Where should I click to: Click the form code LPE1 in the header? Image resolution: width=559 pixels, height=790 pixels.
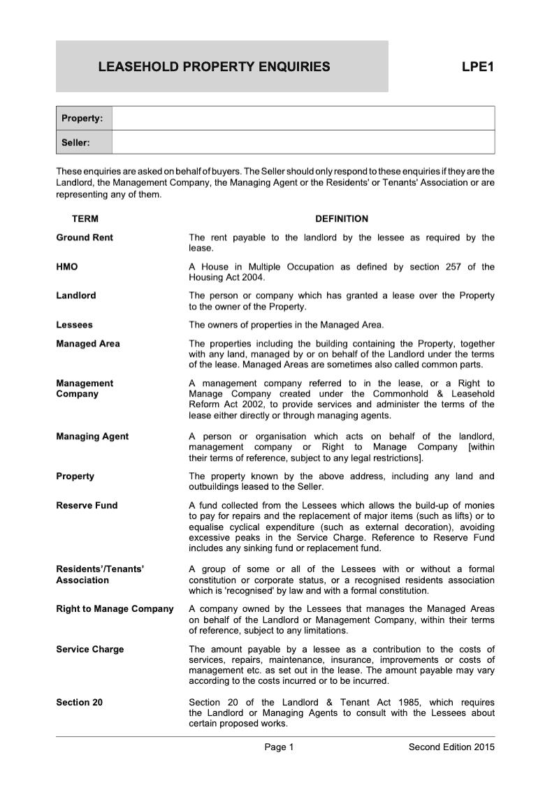[478, 67]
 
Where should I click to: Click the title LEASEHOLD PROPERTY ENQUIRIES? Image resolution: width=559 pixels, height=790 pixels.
[214, 67]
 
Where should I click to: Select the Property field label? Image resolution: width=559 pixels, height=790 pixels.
[83, 118]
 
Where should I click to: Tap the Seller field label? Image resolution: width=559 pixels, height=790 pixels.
[76, 142]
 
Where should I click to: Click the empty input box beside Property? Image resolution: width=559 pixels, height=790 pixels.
[303, 118]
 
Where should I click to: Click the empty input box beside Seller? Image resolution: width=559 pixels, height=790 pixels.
[303, 142]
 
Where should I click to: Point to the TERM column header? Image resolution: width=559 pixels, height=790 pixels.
[85, 219]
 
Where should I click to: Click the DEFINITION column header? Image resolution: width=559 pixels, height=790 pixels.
[342, 219]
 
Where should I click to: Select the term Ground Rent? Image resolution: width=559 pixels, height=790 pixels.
[85, 237]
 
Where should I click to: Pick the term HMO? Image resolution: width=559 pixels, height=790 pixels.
[67, 267]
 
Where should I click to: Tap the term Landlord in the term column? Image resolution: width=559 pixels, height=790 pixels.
[76, 295]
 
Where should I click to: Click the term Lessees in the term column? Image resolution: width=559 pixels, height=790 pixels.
[74, 325]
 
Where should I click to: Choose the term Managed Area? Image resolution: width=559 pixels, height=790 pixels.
[88, 344]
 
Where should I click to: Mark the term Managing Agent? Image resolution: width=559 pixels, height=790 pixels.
[92, 437]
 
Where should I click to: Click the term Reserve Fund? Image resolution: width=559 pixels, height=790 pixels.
[87, 505]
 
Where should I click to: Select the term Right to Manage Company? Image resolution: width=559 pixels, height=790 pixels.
[115, 609]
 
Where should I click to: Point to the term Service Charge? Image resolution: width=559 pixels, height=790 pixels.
[89, 650]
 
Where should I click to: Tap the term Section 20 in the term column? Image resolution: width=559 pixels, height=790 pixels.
[79, 702]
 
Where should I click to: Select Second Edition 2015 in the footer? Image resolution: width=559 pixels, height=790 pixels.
[451, 748]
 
